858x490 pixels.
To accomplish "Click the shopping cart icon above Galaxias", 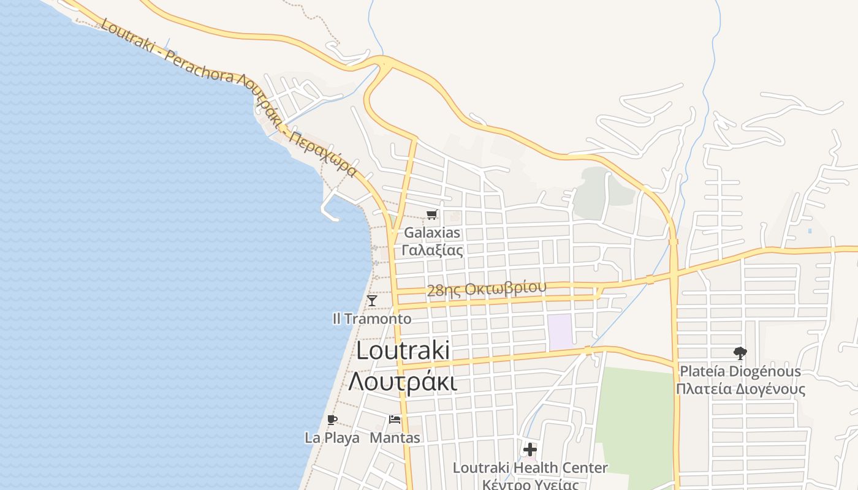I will pos(432,214).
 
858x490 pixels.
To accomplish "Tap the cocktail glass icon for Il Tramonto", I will pos(372,300).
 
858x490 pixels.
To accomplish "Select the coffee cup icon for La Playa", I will pos(332,420).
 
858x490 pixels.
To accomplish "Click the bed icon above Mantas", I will pos(395,420).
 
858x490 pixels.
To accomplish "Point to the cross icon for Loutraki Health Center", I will pos(530,450).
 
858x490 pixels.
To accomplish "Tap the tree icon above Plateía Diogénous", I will pos(740,353).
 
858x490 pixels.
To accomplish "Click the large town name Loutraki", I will pos(403,351).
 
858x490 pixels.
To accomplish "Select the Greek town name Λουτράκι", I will pos(403,381).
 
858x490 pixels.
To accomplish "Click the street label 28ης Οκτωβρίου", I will pos(486,289).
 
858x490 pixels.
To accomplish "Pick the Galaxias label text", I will pos(432,233).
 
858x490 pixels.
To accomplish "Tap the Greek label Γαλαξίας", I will pos(432,249).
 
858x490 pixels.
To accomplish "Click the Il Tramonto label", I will pos(372,319).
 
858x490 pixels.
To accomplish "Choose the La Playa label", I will pos(332,438).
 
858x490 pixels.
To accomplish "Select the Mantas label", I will pos(395,438).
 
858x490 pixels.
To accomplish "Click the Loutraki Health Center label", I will pos(530,468).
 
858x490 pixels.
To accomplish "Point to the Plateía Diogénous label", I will pos(740,372).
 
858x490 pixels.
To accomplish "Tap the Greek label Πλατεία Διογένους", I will pos(740,389).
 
